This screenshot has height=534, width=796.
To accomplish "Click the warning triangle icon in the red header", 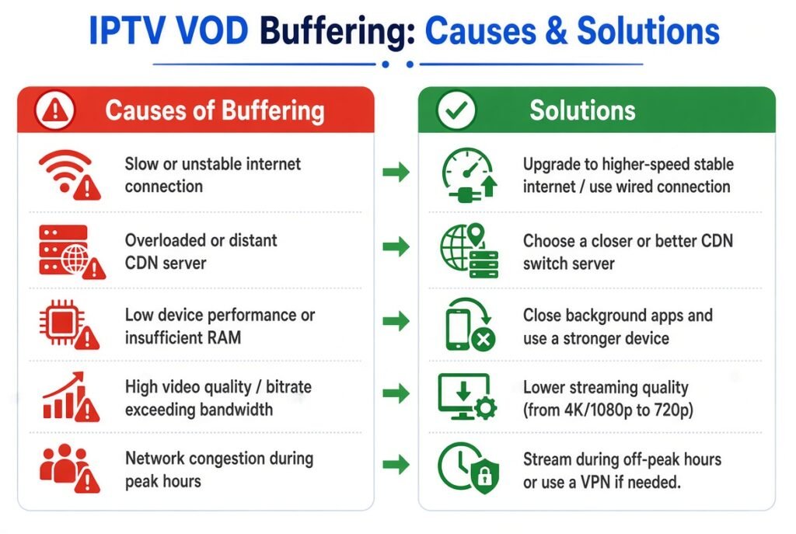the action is (55, 110).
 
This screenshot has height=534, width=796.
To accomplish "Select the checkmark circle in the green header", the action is (456, 110).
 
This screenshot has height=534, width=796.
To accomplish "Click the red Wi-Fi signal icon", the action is (69, 174).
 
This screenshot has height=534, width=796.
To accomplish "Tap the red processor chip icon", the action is (69, 324).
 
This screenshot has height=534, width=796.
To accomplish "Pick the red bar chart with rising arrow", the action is (71, 397).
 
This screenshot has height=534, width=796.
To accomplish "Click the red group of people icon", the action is (69, 468).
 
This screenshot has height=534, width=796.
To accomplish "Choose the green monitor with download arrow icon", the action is (467, 396).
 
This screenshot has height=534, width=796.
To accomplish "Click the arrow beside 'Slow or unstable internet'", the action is (396, 172).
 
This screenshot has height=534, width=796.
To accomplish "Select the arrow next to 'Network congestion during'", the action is (396, 464).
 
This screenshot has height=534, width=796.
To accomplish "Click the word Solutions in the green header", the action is (582, 110).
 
